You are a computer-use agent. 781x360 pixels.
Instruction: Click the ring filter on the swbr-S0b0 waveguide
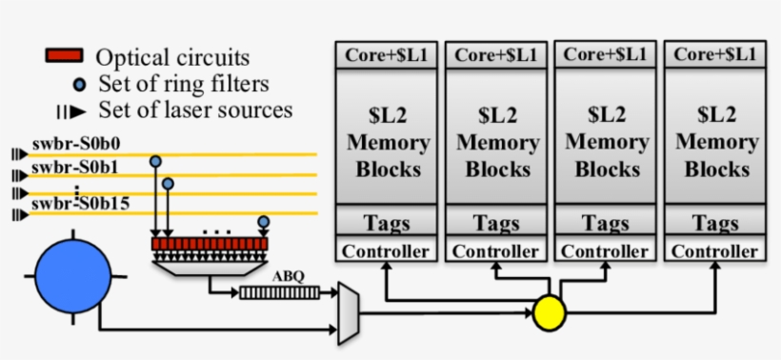point(154,164)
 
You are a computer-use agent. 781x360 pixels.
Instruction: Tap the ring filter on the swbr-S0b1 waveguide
point(169,183)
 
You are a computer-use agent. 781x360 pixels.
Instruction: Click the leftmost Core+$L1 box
point(386,55)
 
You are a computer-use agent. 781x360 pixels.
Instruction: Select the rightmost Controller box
point(715,251)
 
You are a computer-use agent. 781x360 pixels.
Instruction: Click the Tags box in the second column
point(496,224)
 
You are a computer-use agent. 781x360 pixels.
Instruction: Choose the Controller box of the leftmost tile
point(386,251)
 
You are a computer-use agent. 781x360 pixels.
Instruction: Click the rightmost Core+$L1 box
point(715,55)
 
